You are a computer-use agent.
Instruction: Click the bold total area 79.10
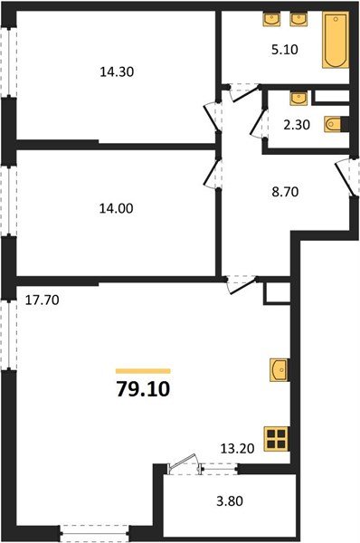pos(143,390)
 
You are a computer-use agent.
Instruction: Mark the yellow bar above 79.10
pos(143,370)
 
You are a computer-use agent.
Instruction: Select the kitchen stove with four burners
pos(276,440)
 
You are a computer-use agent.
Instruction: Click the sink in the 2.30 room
pos(298,96)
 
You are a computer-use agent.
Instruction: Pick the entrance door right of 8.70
pos(344,176)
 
